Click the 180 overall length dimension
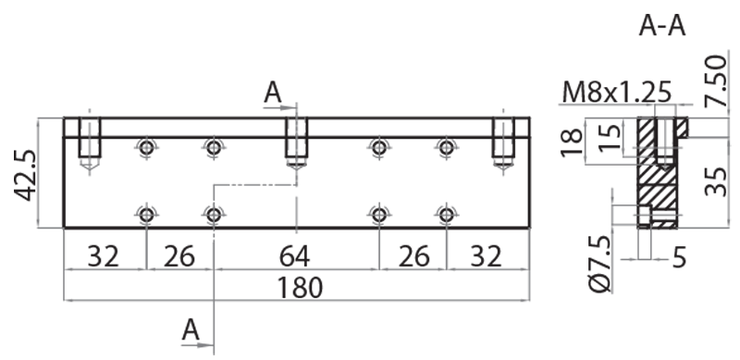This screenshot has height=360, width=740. [x=300, y=288]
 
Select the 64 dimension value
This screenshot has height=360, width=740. [x=294, y=257]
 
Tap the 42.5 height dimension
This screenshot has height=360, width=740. [x=24, y=175]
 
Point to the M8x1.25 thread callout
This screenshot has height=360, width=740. [x=616, y=93]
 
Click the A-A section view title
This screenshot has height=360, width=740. [x=661, y=26]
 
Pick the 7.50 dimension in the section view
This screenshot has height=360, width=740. [x=715, y=81]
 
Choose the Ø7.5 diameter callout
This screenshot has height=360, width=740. [x=600, y=263]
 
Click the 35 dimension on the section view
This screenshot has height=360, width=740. [x=715, y=182]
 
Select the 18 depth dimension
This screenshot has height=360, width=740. [x=572, y=142]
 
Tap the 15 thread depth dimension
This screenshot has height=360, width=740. [x=610, y=137]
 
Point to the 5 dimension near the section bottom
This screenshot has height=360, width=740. [x=679, y=259]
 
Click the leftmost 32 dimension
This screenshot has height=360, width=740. [x=104, y=257]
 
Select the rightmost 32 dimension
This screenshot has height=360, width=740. [x=487, y=257]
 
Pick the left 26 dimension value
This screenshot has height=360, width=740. [x=179, y=257]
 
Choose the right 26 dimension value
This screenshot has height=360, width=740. [x=413, y=257]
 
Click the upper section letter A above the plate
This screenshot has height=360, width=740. [x=273, y=93]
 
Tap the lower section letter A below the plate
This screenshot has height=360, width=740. [x=191, y=329]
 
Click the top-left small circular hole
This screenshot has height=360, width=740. [x=147, y=148]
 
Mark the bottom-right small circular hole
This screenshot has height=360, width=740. [x=447, y=216]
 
